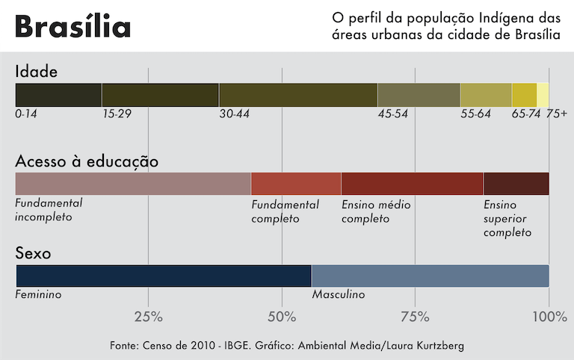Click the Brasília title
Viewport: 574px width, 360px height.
72,27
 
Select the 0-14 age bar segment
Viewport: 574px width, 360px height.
58,95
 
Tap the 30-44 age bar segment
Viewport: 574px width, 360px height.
298,95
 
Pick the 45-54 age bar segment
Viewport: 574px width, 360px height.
419,95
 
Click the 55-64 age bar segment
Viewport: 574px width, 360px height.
486,95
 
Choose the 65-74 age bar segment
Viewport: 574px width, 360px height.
524,95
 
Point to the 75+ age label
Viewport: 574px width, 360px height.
556,114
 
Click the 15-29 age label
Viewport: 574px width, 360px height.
117,114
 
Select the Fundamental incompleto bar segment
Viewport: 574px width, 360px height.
133,184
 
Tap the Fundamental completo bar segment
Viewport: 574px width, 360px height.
296,184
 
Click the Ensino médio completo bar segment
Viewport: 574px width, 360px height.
412,184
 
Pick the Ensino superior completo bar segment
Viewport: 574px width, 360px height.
516,184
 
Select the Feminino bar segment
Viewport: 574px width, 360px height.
163,276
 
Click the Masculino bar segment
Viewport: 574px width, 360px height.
430,276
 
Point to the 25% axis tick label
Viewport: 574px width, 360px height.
148,317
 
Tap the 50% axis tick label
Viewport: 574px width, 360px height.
282,317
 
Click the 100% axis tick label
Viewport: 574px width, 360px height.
549,317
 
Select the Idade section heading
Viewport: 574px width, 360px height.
37,72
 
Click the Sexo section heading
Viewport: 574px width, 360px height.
34,253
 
